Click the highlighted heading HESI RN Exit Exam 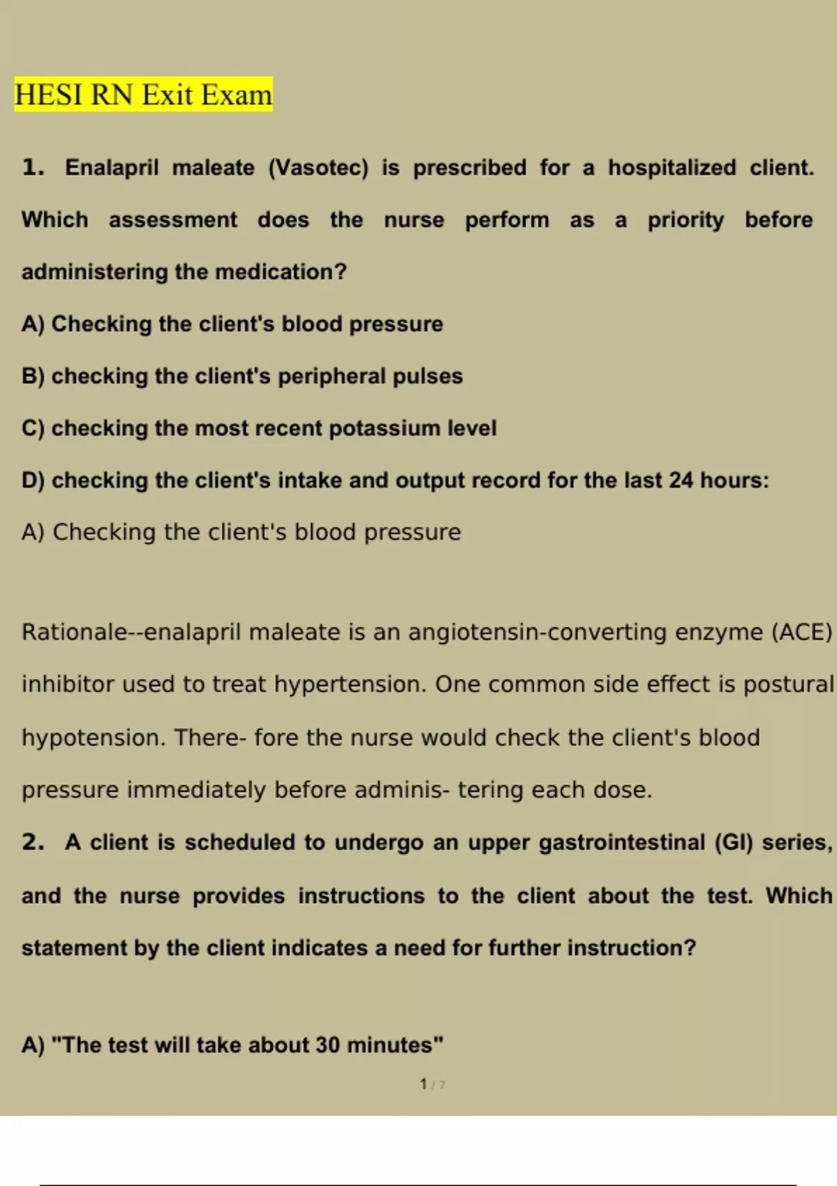click(143, 95)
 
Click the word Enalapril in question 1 click(112, 168)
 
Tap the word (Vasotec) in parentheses click(318, 168)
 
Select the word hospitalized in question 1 click(672, 168)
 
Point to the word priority click(686, 220)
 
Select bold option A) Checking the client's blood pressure click(232, 324)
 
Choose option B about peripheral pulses click(242, 377)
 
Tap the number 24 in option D click(681, 481)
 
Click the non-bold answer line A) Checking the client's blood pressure click(241, 532)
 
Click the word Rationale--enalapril click(132, 632)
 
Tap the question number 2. click(33, 843)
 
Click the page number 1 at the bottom click(423, 1084)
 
